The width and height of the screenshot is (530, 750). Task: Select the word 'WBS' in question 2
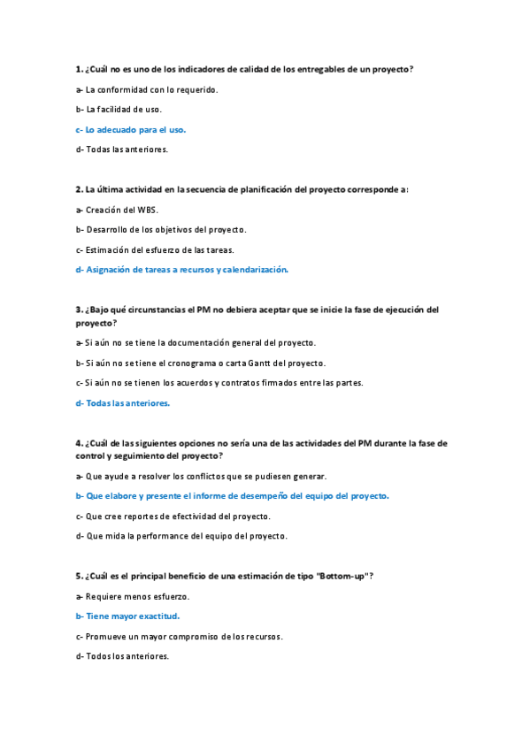point(147,210)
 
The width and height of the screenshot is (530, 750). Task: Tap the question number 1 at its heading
point(79,69)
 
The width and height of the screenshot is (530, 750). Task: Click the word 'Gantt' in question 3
point(245,363)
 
